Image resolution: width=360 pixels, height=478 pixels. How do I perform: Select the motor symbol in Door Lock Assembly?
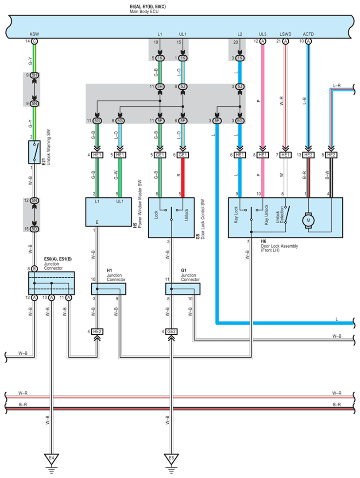tap(308, 220)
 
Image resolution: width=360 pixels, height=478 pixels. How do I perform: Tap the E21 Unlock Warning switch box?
tap(35, 152)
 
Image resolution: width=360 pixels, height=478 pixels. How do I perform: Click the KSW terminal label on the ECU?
tap(34, 34)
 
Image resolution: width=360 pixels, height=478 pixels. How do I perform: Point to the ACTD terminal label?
tap(308, 34)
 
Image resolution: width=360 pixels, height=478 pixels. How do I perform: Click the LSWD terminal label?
tap(286, 34)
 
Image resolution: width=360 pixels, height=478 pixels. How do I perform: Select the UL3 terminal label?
tap(263, 34)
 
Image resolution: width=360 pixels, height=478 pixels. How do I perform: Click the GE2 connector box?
tap(171, 331)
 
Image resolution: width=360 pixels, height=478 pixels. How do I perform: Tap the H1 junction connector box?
tap(108, 289)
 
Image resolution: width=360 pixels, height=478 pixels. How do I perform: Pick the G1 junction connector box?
tap(182, 289)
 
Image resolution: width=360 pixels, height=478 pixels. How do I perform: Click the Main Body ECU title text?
tap(144, 11)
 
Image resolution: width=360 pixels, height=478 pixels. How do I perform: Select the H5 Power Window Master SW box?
tap(108, 212)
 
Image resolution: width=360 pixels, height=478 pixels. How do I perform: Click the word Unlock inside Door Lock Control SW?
tap(186, 214)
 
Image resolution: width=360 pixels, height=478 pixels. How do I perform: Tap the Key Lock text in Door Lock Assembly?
tap(236, 215)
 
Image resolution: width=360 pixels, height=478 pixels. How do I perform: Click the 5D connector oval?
tap(35, 229)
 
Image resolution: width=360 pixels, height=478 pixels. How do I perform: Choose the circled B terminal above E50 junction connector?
tap(35, 268)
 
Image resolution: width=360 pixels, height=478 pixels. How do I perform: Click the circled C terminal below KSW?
tap(35, 41)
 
